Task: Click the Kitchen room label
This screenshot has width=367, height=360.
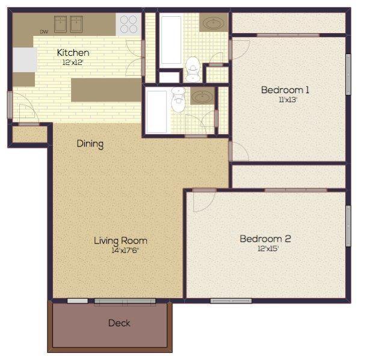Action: tap(73, 53)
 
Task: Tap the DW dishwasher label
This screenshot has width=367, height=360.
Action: tap(44, 32)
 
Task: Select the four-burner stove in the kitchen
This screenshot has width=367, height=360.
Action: tap(129, 24)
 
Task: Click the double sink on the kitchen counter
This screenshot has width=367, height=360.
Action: tap(69, 24)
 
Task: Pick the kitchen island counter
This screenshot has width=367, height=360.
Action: tap(106, 90)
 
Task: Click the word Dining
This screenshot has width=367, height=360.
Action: tap(90, 144)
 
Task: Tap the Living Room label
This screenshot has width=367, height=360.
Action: tap(120, 240)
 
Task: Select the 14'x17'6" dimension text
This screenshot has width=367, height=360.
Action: tap(120, 251)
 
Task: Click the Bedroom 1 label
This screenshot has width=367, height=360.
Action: tap(285, 90)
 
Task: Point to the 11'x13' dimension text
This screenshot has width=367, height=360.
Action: tap(288, 100)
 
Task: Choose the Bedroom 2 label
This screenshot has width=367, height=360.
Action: tap(265, 239)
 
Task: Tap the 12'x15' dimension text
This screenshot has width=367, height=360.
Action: tap(268, 249)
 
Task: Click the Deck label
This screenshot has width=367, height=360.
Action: tap(119, 323)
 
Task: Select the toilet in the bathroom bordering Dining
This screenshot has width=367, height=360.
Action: tap(178, 102)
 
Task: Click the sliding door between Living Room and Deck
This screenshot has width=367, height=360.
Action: tap(125, 301)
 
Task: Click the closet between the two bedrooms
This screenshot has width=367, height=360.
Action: tap(289, 175)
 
